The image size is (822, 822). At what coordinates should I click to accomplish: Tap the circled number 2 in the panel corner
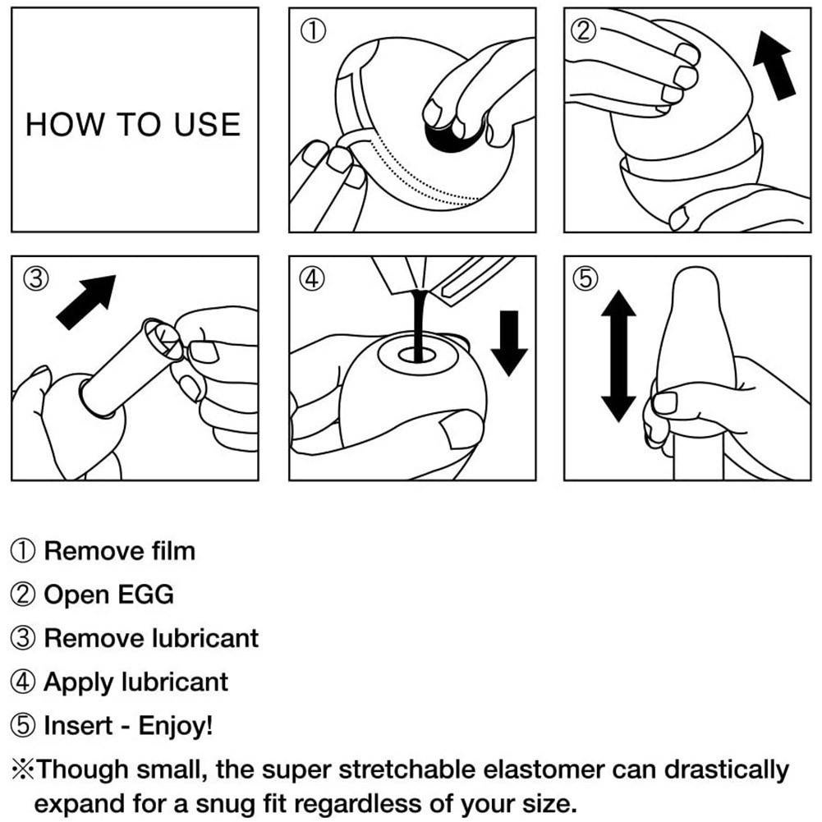pyautogui.click(x=584, y=30)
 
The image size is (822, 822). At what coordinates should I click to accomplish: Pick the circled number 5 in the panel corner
pyautogui.click(x=584, y=278)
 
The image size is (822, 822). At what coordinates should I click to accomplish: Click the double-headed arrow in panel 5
pyautogui.click(x=618, y=356)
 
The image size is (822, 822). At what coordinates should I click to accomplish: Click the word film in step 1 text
pyautogui.click(x=171, y=550)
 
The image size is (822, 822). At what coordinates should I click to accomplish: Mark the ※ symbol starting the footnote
pyautogui.click(x=22, y=770)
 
